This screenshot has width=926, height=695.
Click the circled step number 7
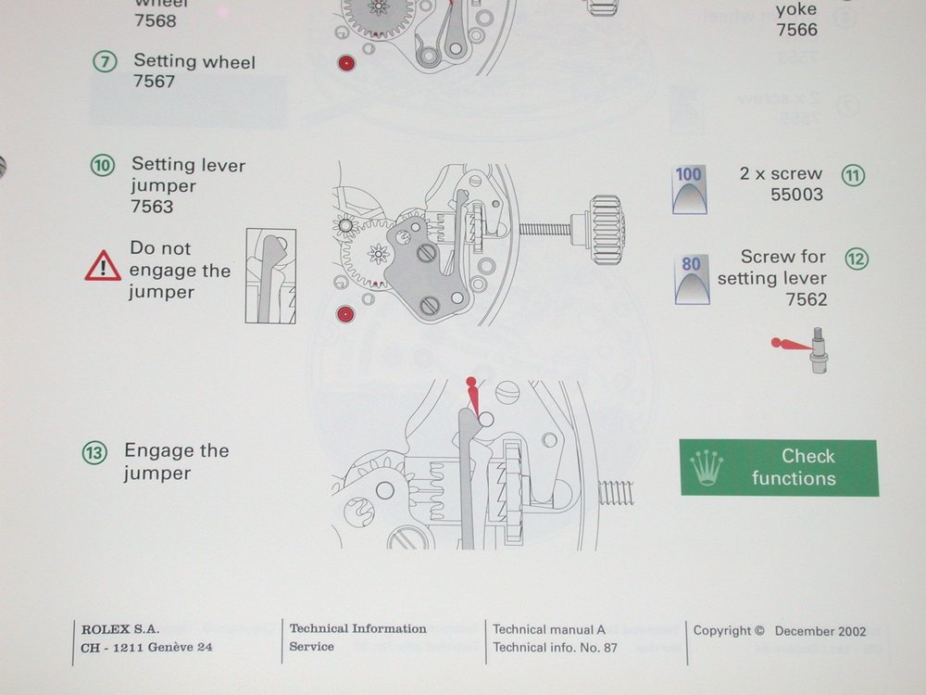click(104, 63)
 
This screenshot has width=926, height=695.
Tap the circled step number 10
click(103, 166)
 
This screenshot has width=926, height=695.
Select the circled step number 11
click(853, 174)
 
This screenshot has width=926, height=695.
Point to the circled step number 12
click(857, 259)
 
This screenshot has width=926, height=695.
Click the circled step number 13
click(94, 453)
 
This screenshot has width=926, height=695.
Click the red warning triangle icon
click(103, 269)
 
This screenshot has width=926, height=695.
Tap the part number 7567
click(155, 82)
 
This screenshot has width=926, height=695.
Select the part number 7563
click(152, 207)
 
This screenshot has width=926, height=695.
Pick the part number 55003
click(796, 195)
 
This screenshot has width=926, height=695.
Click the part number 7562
click(807, 299)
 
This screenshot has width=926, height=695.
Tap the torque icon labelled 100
click(689, 191)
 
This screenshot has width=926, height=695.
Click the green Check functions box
click(779, 468)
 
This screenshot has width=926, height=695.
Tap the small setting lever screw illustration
click(818, 350)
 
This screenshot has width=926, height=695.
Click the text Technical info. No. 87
click(555, 648)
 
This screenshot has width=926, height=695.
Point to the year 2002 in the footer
click(849, 631)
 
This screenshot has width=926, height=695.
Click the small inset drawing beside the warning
click(270, 276)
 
